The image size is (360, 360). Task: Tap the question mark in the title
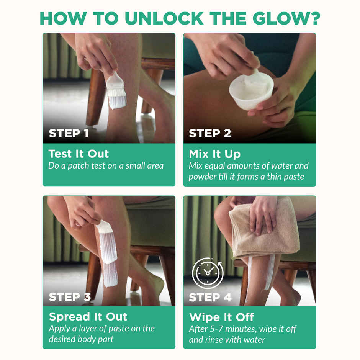tap(314, 18)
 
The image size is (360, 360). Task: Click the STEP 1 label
tap(69, 133)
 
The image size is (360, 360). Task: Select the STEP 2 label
tap(210, 133)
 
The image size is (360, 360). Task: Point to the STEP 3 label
tap(70, 297)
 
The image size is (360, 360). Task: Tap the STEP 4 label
tap(210, 297)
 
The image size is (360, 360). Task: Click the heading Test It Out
tap(79, 154)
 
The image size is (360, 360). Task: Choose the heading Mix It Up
tap(215, 154)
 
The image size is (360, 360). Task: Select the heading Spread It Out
tap(88, 317)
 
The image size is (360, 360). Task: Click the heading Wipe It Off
tap(222, 317)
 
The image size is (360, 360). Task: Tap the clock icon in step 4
tap(208, 273)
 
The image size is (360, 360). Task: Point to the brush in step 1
tap(116, 90)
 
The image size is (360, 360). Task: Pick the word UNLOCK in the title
tap(164, 18)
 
